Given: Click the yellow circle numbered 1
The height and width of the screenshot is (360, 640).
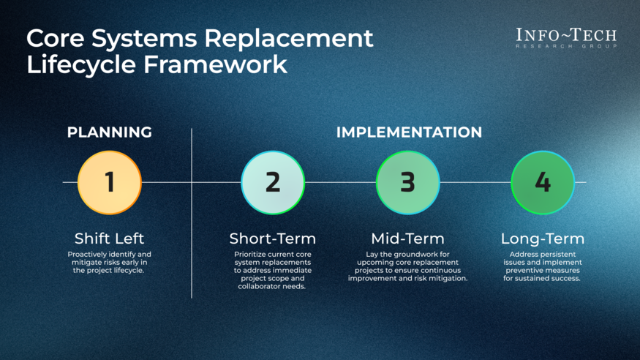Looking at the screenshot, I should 110,182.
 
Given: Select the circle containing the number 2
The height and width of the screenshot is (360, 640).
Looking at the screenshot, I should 273,182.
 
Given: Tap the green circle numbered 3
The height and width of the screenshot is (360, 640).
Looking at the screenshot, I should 407,182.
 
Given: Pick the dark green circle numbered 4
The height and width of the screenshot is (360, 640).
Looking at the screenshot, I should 542,182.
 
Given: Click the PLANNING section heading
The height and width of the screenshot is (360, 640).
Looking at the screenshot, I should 110,132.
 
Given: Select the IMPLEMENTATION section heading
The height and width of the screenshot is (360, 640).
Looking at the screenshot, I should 409,132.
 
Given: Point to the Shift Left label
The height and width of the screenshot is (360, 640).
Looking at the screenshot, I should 110,239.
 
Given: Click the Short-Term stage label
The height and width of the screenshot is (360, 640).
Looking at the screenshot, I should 273,239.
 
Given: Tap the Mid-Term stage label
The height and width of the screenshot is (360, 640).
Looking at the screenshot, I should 407,239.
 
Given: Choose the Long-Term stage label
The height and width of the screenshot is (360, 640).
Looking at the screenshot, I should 542,239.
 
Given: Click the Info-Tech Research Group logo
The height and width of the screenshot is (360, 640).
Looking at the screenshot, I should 566,38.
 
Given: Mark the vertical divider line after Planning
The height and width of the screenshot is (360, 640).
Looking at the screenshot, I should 192,220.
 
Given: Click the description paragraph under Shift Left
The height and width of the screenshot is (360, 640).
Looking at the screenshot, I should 110,262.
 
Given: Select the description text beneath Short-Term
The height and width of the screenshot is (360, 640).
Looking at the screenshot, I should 273,270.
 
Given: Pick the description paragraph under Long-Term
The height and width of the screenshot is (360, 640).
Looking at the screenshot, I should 542,266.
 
